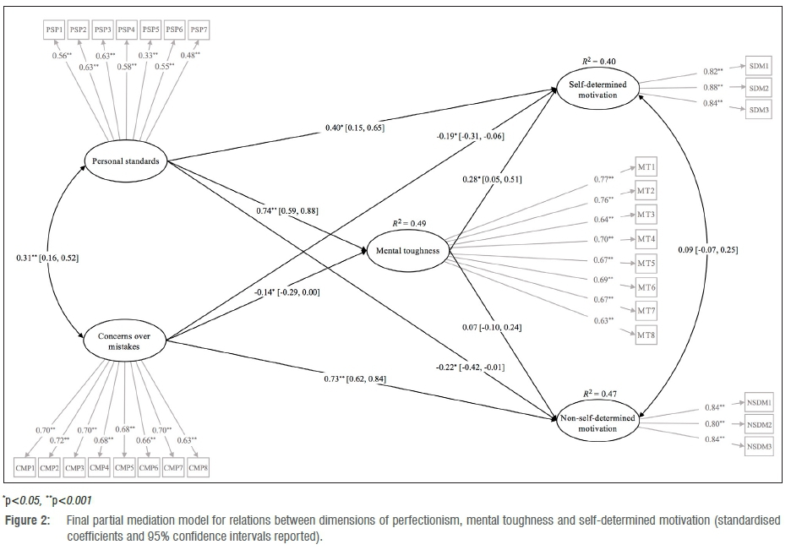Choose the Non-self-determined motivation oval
[x=597, y=422]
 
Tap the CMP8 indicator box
[x=199, y=466]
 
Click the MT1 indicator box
[x=646, y=168]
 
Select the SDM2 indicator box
[x=758, y=87]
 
